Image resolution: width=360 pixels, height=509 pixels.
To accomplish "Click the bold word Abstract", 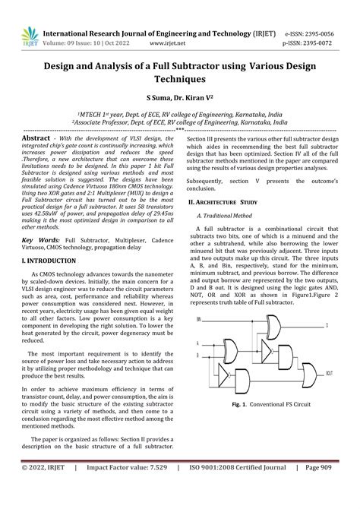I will pos(36,139).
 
